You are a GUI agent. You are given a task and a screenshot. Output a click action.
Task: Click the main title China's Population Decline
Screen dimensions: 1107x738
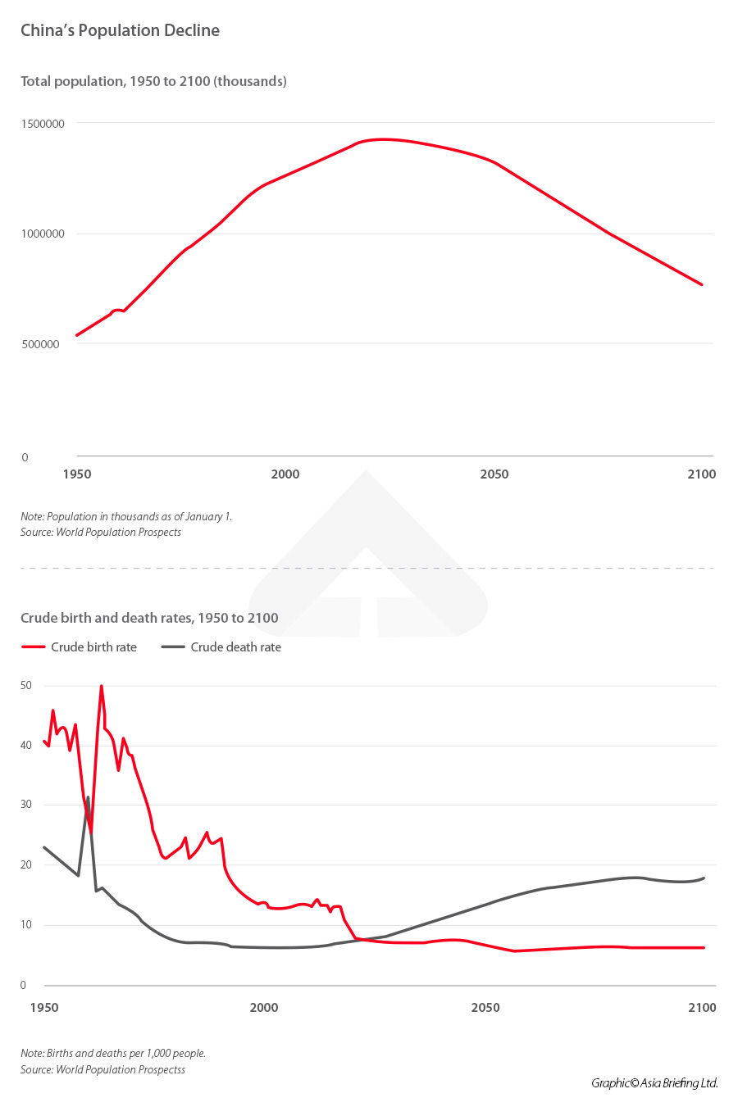tap(120, 30)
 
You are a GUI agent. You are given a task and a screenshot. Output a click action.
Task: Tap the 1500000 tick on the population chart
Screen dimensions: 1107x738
tap(43, 124)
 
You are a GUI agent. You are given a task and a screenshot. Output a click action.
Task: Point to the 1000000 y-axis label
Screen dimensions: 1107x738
tap(43, 234)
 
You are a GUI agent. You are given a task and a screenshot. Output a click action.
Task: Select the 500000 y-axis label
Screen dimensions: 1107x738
tap(40, 344)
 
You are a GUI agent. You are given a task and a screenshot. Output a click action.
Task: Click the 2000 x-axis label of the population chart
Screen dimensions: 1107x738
tap(285, 474)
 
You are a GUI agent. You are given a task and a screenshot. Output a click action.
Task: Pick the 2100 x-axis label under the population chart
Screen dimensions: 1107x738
tap(701, 474)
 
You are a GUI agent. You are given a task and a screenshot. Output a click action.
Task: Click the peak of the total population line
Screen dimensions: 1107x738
tap(382, 139)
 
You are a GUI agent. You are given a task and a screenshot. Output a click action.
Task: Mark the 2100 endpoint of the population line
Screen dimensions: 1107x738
tap(701, 284)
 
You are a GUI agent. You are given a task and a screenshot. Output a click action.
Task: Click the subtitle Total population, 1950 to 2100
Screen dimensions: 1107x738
tap(153, 81)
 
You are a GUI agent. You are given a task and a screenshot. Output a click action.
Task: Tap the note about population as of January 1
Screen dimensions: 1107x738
tap(126, 516)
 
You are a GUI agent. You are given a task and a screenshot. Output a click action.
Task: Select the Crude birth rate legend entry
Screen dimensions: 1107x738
tap(80, 647)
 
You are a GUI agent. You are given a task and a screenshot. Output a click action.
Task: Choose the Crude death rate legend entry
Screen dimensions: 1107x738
tap(221, 647)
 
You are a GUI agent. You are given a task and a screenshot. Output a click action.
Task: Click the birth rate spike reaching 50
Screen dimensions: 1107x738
tap(102, 687)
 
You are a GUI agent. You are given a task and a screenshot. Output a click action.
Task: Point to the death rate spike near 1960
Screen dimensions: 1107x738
tap(88, 797)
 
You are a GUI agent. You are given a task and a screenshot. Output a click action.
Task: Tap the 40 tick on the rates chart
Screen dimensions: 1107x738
tap(26, 745)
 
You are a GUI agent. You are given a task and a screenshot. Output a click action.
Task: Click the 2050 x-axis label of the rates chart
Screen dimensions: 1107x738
tap(485, 1007)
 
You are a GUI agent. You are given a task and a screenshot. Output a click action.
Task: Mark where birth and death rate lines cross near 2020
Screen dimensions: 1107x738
tap(362, 939)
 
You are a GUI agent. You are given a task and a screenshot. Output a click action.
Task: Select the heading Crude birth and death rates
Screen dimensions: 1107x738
tap(149, 618)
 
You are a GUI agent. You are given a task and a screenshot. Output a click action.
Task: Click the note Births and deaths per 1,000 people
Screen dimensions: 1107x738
tap(113, 1053)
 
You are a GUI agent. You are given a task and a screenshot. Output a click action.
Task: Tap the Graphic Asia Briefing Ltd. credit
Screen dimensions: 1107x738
tap(654, 1082)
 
